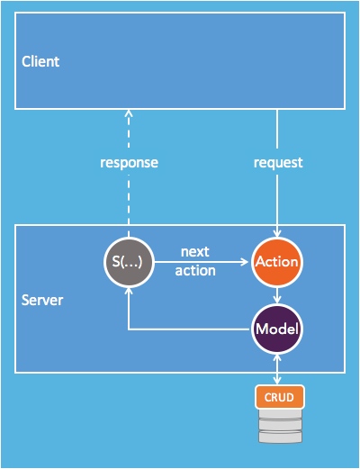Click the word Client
pos(40,61)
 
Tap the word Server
pos(42,300)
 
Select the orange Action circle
pos(277,262)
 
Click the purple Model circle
pos(277,329)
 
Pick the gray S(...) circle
pos(129,262)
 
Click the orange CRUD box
pos(280,397)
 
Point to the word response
pos(129,163)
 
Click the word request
pos(278,163)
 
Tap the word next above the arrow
pos(195,251)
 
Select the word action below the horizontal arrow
pos(195,271)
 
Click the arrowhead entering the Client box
pos(129,113)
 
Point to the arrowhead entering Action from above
pos(277,233)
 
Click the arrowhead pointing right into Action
pos(245,262)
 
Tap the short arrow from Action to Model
pos(277,295)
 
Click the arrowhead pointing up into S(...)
pos(129,291)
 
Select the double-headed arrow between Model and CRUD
pos(277,370)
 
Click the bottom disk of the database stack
pos(280,437)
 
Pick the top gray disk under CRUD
pos(280,414)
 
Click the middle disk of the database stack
pos(280,424)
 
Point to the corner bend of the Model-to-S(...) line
pos(129,329)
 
